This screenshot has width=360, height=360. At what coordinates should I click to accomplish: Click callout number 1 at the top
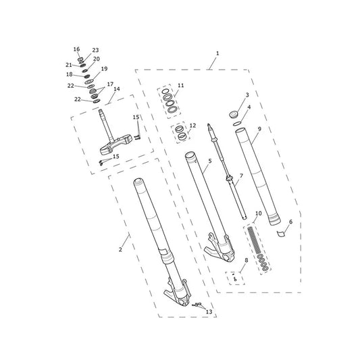(217, 53)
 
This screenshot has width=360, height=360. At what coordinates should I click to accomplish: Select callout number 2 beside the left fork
(120, 249)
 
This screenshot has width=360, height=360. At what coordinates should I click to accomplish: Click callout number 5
(210, 161)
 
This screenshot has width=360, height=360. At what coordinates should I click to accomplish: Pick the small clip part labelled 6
(280, 233)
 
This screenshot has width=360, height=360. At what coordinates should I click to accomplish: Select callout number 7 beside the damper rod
(241, 176)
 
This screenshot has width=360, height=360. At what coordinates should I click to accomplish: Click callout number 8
(247, 260)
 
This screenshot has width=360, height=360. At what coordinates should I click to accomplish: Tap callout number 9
(259, 129)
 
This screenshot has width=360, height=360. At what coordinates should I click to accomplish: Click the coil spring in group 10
(254, 240)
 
